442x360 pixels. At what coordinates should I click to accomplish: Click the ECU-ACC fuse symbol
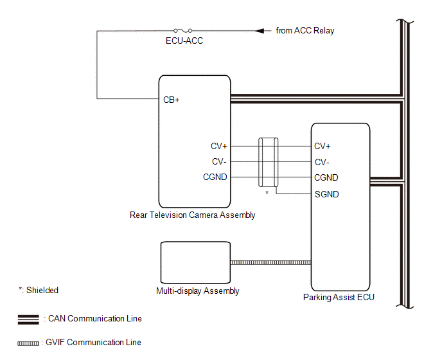(x=182, y=30)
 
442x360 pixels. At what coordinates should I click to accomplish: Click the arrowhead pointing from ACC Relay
(x=260, y=30)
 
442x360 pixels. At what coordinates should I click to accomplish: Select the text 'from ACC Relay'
(x=305, y=30)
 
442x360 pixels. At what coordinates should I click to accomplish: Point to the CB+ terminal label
(x=171, y=100)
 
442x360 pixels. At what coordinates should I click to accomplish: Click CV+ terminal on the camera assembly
(x=219, y=146)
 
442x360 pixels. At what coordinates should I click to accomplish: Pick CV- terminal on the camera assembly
(x=219, y=161)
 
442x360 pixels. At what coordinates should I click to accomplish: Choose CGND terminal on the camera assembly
(x=215, y=177)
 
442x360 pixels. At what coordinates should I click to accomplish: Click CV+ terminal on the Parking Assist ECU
(x=323, y=146)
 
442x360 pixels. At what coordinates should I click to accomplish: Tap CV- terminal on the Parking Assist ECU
(x=322, y=162)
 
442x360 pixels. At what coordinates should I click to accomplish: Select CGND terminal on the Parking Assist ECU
(x=326, y=177)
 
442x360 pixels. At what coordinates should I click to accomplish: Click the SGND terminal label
(x=326, y=194)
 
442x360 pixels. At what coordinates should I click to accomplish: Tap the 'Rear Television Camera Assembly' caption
(x=192, y=215)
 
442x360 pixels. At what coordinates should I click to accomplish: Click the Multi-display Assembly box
(x=195, y=262)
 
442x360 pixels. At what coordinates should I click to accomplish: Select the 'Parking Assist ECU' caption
(x=339, y=298)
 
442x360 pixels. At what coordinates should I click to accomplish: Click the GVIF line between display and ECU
(x=270, y=262)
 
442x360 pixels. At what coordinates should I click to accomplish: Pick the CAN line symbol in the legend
(x=30, y=319)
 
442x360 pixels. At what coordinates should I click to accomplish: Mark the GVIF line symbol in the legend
(x=30, y=343)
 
